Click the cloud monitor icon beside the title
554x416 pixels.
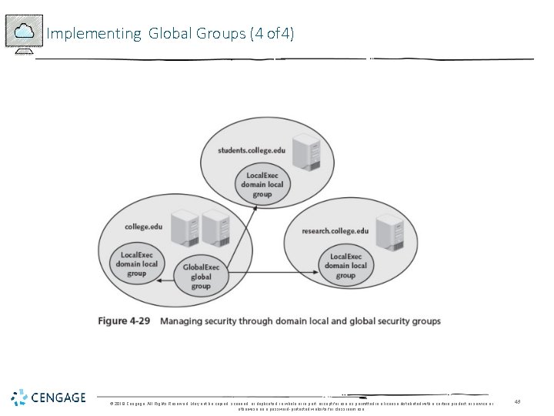tap(24, 33)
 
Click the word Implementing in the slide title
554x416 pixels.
tap(92, 34)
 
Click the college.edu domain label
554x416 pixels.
tap(143, 226)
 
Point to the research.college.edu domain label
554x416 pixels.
tap(335, 230)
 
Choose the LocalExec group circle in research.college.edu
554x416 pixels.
tap(345, 266)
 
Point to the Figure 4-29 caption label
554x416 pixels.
tap(123, 320)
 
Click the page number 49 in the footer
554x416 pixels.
tap(517, 401)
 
